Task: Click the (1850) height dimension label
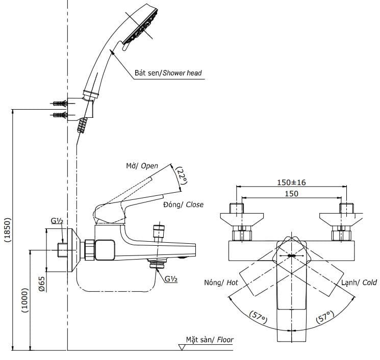coord(7,229)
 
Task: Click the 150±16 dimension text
coord(292,183)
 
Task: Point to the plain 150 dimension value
coord(292,193)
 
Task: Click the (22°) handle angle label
coord(182,176)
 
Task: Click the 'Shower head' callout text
coord(168,73)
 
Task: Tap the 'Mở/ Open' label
coord(142,166)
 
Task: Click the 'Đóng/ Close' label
coord(183,204)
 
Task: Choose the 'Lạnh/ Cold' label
coord(359,282)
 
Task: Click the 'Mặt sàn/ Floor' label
coord(209,340)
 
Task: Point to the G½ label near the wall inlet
coord(57,221)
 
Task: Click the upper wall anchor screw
coord(60,104)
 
